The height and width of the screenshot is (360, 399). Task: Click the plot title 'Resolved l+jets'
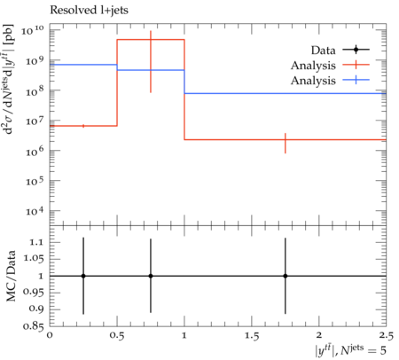(x=89, y=11)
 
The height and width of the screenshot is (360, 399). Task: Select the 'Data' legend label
(x=323, y=51)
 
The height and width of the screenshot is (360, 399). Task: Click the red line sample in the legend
(x=356, y=65)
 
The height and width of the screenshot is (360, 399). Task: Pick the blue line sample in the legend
(x=356, y=80)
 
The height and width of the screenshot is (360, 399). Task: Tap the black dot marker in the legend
(x=356, y=50)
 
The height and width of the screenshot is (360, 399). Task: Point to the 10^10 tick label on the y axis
(x=33, y=30)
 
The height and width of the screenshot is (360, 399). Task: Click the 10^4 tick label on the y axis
(x=35, y=211)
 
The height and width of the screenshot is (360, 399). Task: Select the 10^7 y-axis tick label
(x=35, y=121)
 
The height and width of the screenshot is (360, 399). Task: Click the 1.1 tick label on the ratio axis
(x=36, y=242)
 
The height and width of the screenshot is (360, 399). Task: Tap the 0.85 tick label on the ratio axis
(x=34, y=326)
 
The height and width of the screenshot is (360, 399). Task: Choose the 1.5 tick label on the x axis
(x=252, y=336)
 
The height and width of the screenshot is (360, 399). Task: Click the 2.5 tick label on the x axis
(x=387, y=336)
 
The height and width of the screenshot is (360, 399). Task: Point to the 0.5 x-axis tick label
(x=117, y=336)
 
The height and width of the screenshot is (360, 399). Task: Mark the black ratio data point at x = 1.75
(x=286, y=276)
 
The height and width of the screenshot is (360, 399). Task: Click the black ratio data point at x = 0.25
(x=83, y=276)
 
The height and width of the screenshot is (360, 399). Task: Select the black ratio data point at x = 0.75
(x=151, y=276)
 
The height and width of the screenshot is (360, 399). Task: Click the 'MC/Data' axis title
(x=11, y=276)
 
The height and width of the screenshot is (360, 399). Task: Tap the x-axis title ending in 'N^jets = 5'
(x=350, y=350)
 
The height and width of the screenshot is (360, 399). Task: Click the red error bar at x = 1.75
(x=286, y=143)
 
